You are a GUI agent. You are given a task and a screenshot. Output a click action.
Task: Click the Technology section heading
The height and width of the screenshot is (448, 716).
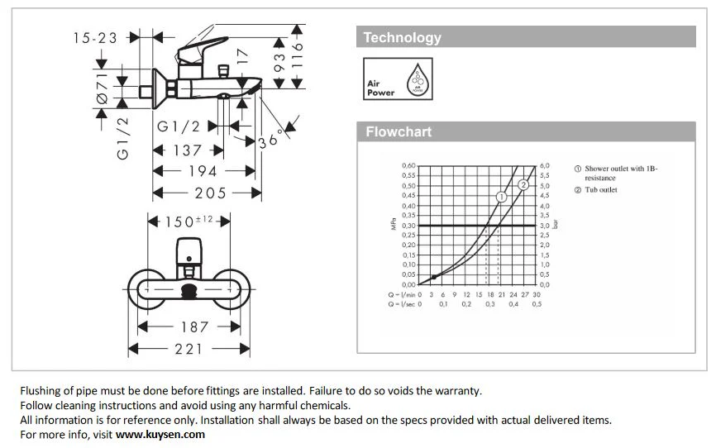tap(403, 37)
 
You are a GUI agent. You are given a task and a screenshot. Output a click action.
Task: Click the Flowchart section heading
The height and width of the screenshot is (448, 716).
tap(399, 132)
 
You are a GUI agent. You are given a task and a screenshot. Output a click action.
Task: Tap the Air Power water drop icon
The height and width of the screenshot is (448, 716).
tap(416, 80)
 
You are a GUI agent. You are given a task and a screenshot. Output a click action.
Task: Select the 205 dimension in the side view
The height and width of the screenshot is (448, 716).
tap(211, 193)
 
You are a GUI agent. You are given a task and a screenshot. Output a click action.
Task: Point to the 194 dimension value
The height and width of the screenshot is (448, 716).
tap(203, 171)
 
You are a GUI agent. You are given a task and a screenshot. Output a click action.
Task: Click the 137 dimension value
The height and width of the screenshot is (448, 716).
tap(187, 150)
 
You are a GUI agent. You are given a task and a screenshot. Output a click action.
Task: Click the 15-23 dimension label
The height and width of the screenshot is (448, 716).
tap(95, 37)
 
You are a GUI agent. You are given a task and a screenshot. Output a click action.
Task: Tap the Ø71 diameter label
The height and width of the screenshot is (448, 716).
tap(103, 88)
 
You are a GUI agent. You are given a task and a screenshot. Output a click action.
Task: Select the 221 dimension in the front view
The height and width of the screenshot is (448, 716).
tap(189, 350)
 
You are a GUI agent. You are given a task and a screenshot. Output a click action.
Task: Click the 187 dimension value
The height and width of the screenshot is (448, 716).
tap(194, 327)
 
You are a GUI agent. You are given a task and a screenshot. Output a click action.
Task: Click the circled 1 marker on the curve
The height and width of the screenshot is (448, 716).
tap(501, 197)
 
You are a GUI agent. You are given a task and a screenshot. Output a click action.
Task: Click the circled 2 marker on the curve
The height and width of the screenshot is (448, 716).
tap(523, 184)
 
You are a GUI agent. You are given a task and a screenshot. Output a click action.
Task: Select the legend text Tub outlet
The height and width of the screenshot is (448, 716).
tap(601, 189)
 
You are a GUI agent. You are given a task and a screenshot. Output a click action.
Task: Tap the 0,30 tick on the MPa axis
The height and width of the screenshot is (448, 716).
tap(408, 226)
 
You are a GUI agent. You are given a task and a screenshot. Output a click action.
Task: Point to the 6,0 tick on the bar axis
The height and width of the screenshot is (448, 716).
tap(545, 166)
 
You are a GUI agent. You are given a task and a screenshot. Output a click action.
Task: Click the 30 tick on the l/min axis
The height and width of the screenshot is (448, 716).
tap(537, 294)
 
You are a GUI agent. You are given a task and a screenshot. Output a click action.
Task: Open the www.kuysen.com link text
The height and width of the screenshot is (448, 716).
tap(160, 434)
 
